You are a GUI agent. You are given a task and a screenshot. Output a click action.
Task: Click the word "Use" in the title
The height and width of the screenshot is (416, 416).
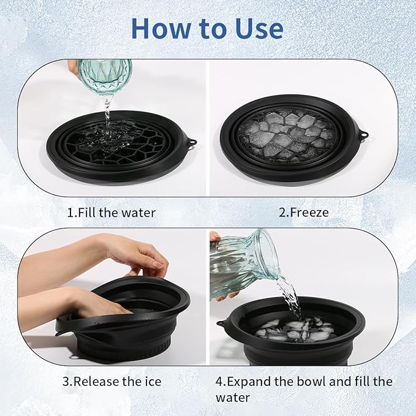click(x=257, y=28)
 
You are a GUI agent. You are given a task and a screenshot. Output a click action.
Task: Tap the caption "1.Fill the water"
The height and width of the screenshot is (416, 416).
click(x=111, y=213)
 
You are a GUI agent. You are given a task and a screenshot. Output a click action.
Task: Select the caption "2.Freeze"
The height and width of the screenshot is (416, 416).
click(x=304, y=213)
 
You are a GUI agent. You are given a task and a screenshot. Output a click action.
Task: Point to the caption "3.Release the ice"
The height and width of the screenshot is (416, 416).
click(x=112, y=381)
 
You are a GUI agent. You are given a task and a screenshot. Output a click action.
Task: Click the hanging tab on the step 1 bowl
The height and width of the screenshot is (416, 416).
click(x=192, y=144)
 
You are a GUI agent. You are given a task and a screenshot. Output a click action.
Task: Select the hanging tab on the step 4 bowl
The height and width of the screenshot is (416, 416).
click(x=219, y=323)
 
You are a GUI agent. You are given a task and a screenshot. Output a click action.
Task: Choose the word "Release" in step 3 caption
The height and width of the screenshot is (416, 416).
click(x=99, y=381)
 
